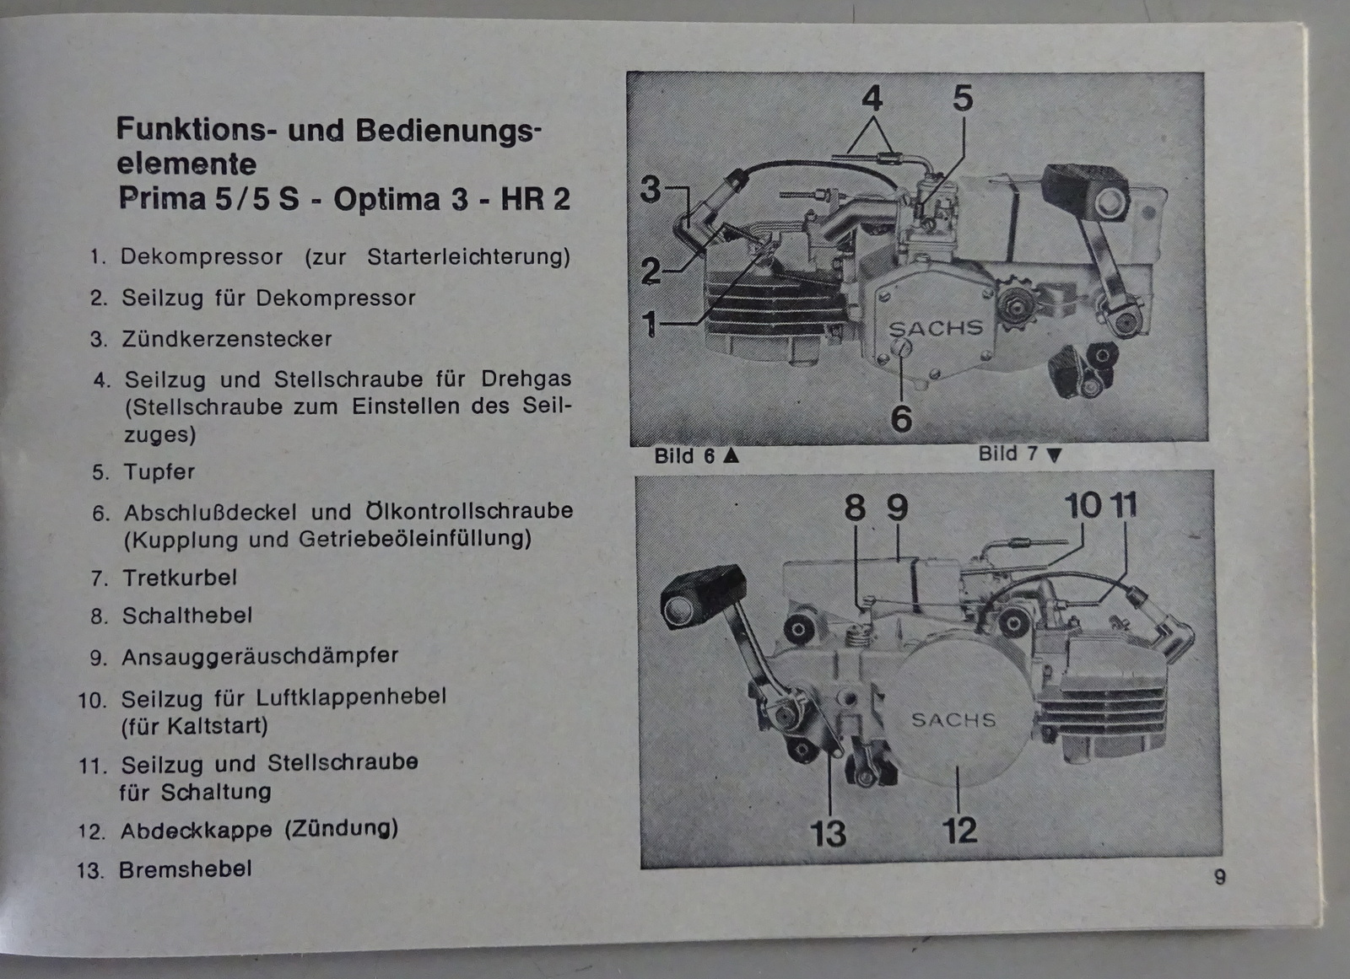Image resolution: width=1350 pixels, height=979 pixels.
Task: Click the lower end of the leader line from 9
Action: (x=898, y=560)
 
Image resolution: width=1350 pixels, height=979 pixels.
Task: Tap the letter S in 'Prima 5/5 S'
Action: (x=288, y=199)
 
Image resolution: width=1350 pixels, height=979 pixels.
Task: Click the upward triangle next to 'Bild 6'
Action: (x=731, y=455)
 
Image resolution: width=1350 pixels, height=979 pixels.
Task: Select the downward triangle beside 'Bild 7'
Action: (x=1054, y=455)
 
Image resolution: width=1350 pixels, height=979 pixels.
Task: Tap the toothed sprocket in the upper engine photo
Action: (x=1017, y=306)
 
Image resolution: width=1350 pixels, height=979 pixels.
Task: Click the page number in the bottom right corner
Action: (x=1219, y=877)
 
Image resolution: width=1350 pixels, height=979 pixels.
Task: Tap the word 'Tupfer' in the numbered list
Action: (x=159, y=471)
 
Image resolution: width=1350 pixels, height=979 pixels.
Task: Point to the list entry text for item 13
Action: (x=185, y=869)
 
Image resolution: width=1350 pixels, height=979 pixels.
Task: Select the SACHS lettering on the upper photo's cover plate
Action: (x=936, y=328)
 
